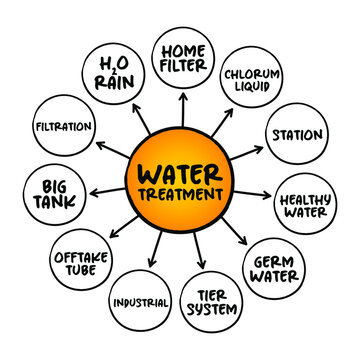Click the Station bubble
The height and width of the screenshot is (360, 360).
(x=297, y=135)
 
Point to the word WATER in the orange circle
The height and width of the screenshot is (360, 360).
(x=179, y=168)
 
